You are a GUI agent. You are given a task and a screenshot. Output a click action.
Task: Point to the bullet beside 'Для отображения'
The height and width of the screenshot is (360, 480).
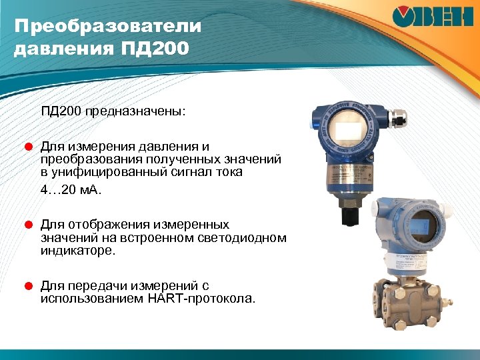click(29, 225)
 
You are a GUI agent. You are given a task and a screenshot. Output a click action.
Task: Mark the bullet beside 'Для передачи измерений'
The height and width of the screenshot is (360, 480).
click(29, 285)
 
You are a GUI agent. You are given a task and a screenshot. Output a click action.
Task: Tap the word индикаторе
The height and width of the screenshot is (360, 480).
click(77, 251)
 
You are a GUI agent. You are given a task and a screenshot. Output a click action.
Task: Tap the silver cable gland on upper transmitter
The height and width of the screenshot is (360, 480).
click(399, 119)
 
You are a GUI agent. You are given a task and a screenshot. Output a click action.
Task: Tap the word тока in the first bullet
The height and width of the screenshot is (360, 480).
click(228, 171)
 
